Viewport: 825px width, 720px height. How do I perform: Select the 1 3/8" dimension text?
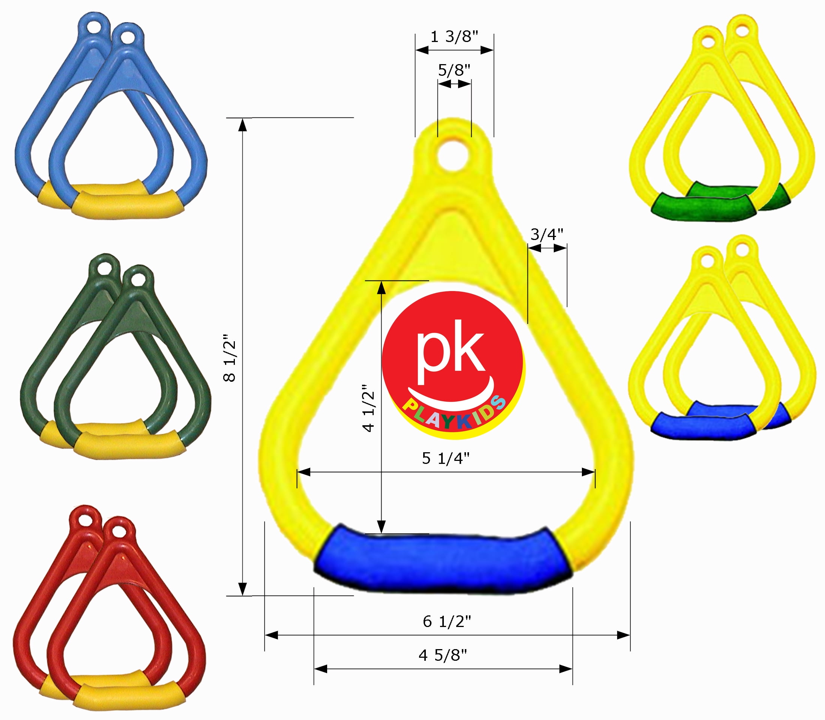coord(454,37)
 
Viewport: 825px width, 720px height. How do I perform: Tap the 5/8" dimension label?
coord(454,70)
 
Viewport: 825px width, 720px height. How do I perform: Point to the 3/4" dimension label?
coord(546,234)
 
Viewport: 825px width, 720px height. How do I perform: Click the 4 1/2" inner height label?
coord(369,407)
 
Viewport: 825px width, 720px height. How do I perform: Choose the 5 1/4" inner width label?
coord(445,458)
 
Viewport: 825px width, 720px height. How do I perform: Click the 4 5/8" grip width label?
coord(443,655)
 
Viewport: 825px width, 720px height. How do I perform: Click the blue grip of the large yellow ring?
coord(442,561)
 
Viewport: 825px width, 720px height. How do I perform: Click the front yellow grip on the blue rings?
coord(128,205)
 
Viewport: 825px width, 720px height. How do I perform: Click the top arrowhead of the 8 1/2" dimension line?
coord(242,125)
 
